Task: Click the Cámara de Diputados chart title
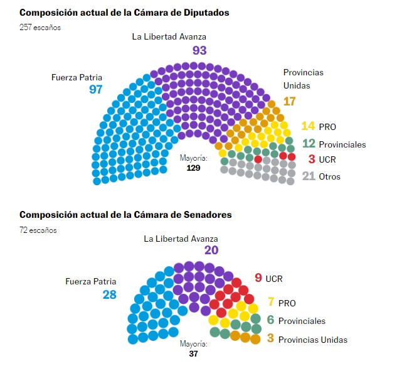(x=124, y=13)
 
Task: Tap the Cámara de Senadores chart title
(x=125, y=215)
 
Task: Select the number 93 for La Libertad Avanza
(x=199, y=50)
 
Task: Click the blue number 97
(x=95, y=90)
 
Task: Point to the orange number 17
(x=289, y=101)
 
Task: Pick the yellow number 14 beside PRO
(x=308, y=126)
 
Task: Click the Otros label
(x=329, y=176)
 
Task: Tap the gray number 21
(x=308, y=176)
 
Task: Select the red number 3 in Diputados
(x=311, y=159)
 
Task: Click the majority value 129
(x=193, y=168)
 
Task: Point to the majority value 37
(x=193, y=353)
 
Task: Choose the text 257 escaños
(x=41, y=28)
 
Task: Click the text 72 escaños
(x=38, y=230)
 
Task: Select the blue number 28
(x=110, y=294)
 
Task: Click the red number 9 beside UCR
(x=258, y=278)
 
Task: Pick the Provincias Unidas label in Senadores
(x=312, y=340)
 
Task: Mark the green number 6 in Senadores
(x=270, y=320)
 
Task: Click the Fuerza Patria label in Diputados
(x=77, y=78)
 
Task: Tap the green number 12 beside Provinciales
(x=308, y=144)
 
